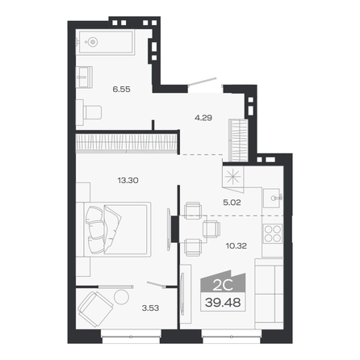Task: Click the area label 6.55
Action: (122, 89)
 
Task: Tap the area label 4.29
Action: (203, 118)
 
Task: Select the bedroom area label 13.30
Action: (128, 180)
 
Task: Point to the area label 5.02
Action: (232, 203)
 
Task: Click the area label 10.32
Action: (237, 245)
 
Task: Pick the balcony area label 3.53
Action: (150, 308)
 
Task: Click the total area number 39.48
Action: (223, 303)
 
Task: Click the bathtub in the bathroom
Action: (106, 42)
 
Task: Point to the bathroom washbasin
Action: (84, 77)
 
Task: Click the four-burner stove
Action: (273, 233)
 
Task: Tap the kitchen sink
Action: (273, 198)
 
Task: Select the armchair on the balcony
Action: (95, 309)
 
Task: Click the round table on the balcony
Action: (121, 297)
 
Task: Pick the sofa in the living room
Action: (269, 293)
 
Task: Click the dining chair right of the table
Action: (211, 229)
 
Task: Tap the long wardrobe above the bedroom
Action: (126, 142)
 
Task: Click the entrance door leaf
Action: (202, 82)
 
